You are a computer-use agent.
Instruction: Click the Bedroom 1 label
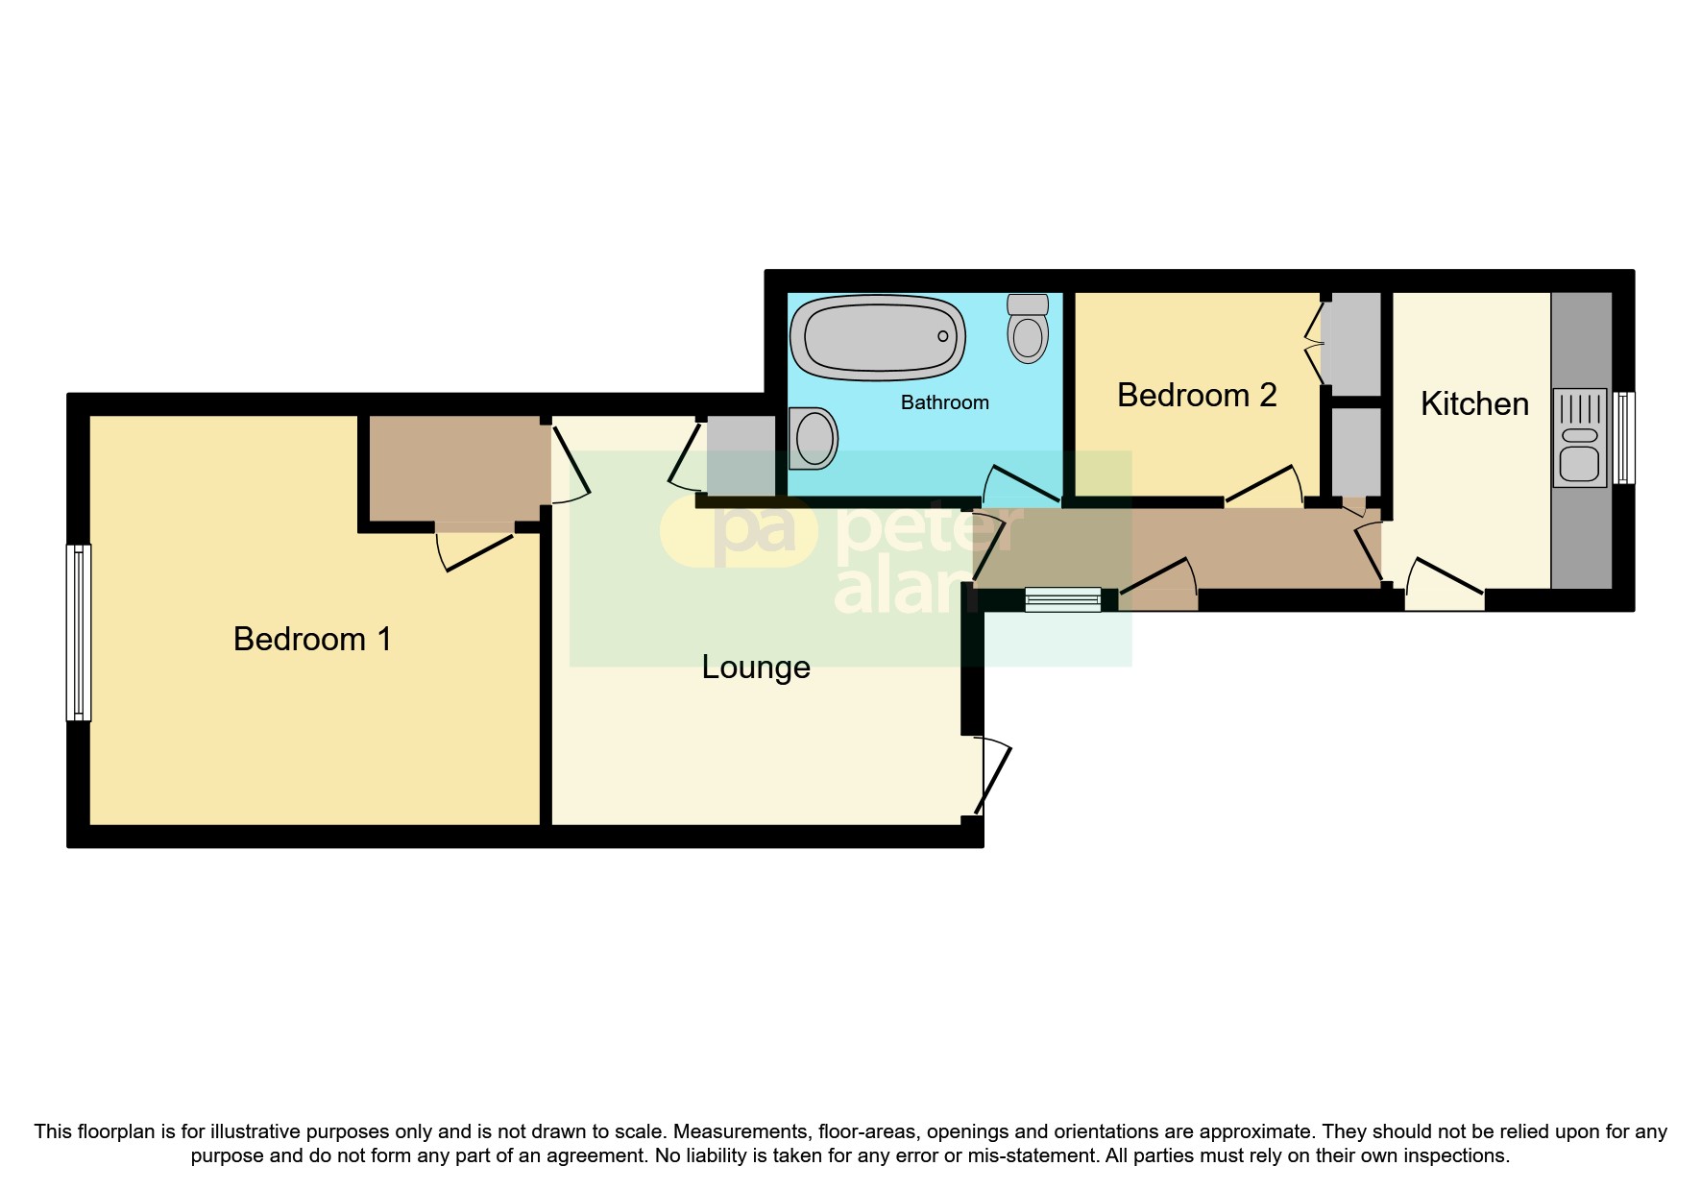(x=312, y=639)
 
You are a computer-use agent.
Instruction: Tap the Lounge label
(x=756, y=667)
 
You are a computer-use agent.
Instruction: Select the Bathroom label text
(x=944, y=402)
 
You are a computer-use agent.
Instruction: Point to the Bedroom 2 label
(x=1197, y=395)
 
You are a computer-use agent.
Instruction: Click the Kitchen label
(x=1474, y=403)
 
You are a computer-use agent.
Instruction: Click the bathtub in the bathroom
(x=877, y=337)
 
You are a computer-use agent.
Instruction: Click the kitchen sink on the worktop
(x=1579, y=438)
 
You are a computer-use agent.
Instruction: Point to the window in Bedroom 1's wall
(x=79, y=632)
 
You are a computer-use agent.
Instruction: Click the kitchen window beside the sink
(x=1623, y=438)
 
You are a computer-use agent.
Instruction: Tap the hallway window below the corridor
(x=1062, y=600)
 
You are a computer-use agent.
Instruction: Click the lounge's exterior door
(x=994, y=778)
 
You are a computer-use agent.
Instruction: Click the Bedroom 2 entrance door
(x=1262, y=486)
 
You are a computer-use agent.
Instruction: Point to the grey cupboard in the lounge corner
(x=741, y=455)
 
